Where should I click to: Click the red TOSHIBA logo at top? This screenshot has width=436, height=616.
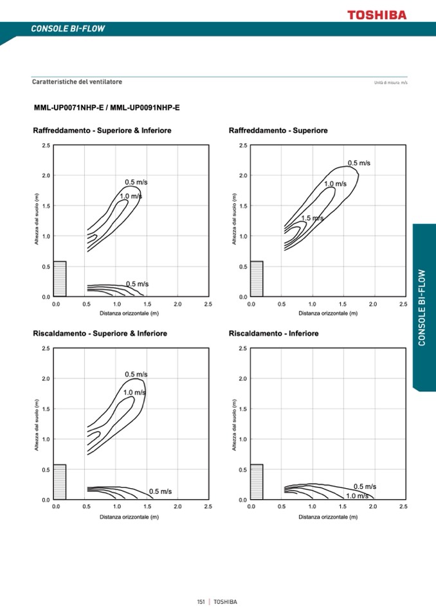coord(377,15)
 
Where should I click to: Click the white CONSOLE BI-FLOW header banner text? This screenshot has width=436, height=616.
coord(68,29)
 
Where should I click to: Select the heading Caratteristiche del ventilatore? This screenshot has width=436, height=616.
coord(77,82)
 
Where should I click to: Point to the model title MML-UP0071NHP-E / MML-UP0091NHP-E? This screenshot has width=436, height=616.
coord(107,107)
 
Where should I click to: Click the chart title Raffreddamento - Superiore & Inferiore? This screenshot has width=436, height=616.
coord(102,131)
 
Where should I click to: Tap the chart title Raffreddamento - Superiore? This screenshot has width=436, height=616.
coord(278,131)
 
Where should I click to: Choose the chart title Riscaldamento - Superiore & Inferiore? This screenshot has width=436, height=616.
coord(100,334)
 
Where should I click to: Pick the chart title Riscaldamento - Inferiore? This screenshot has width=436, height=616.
coord(273,334)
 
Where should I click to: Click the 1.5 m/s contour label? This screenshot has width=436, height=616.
coord(313,218)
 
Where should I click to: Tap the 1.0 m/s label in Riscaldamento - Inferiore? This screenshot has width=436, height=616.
coord(357,496)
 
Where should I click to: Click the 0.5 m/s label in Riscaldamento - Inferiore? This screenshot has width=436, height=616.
coord(365,487)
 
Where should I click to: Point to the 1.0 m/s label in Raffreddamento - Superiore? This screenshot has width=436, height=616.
coord(335,184)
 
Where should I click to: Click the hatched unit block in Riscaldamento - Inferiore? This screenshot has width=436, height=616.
coord(257,482)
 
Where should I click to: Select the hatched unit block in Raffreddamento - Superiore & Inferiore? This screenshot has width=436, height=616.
coord(59,279)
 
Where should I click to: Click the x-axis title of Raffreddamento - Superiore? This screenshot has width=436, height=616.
coord(327,313)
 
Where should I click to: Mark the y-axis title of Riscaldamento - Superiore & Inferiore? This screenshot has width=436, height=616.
coord(37,425)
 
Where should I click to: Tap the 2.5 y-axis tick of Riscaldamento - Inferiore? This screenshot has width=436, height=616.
coord(242,349)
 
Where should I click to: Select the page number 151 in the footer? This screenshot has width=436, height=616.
coord(201,602)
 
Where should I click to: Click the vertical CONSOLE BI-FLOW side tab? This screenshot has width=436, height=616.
coord(422,307)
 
